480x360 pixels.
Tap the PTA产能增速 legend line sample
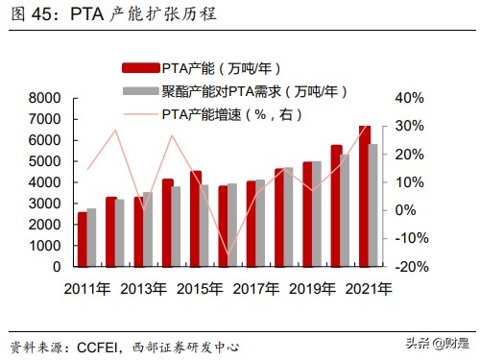pyautogui.click(x=138, y=114)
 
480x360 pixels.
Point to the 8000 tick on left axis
pyautogui.click(x=46, y=98)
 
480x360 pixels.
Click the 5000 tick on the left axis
pyautogui.click(x=46, y=161)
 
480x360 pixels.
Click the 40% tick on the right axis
pyautogui.click(x=410, y=98)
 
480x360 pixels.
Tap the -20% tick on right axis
pyautogui.click(x=410, y=266)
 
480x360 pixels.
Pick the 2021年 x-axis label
pyautogui.click(x=369, y=288)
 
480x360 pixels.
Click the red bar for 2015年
pyautogui.click(x=195, y=218)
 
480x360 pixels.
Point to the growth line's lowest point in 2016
pyautogui.click(x=228, y=257)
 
